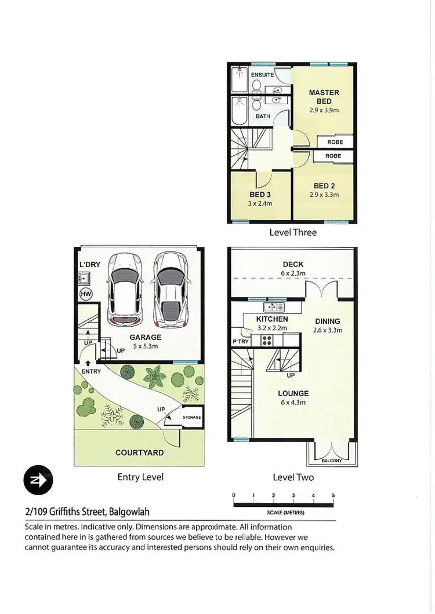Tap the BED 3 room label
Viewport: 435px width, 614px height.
[260, 195]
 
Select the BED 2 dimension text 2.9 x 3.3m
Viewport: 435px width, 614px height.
[324, 195]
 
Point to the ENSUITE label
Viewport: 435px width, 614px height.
[262, 75]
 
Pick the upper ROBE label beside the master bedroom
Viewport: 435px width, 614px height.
[334, 142]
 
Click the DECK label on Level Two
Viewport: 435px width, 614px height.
[292, 265]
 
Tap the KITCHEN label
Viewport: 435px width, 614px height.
[272, 319]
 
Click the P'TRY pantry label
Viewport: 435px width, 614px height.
[241, 342]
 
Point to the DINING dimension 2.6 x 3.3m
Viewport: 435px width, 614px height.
[327, 331]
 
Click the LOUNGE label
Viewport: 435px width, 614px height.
[293, 393]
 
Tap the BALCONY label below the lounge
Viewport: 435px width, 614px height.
[332, 461]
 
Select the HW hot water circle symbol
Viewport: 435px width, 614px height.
[85, 295]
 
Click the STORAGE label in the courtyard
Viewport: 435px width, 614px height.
[191, 417]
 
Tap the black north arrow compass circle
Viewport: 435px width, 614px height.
[38, 480]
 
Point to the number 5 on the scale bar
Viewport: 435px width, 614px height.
[333, 496]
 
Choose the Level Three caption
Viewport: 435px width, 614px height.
[293, 232]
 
